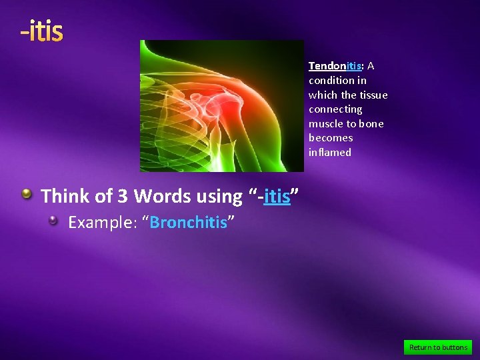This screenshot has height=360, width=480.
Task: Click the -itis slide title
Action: (x=41, y=31)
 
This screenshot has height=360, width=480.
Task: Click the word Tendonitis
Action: (x=335, y=66)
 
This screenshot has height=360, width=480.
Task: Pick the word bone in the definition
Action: (x=371, y=124)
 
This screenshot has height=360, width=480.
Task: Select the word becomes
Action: (x=331, y=138)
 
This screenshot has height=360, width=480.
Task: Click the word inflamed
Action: (x=329, y=153)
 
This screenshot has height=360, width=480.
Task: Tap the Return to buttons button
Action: (x=438, y=347)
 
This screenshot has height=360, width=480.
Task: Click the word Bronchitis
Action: (x=188, y=222)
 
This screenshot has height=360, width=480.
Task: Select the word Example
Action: (x=103, y=222)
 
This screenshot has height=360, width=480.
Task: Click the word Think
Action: (x=65, y=196)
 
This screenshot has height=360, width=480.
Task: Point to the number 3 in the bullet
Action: (x=123, y=196)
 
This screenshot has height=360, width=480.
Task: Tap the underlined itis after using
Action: (x=277, y=196)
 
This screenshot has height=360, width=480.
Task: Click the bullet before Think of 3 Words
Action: (x=26, y=194)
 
